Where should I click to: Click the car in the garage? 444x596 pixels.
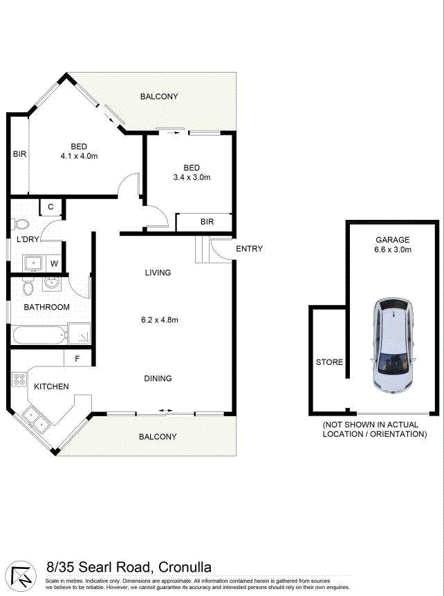point(393,346)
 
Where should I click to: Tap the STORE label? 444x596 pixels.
point(330,362)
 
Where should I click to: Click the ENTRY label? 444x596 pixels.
point(250,249)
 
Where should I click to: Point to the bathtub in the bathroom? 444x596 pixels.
point(39,335)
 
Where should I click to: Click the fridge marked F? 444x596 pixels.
point(77,358)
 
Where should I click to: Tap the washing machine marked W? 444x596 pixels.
point(54,263)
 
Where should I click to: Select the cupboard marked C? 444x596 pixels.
point(50,207)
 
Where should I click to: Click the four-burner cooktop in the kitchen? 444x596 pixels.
point(19,379)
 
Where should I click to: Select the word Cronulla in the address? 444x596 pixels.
point(185,568)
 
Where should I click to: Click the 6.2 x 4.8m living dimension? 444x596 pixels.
point(160,320)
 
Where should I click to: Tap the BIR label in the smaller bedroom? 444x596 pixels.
point(207,222)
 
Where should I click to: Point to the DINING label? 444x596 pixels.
point(158,379)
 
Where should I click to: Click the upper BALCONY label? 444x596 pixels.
point(159,97)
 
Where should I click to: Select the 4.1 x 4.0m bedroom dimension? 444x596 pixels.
point(79,156)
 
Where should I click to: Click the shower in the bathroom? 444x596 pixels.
point(80,334)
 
